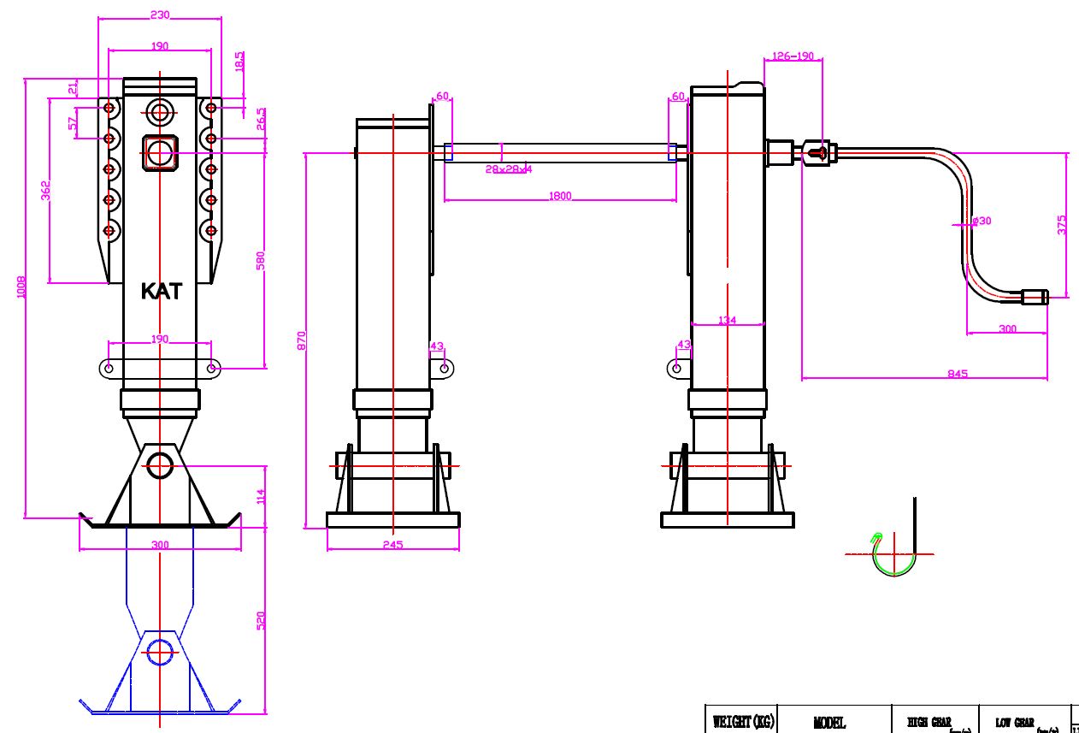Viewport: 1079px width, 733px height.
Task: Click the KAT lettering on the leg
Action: pos(161,291)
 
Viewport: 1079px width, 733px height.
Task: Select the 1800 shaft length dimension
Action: pos(560,197)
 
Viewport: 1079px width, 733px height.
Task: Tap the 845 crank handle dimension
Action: pos(958,373)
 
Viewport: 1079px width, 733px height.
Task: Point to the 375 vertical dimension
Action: pos(1062,225)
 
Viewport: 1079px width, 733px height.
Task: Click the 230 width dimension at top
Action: pos(160,15)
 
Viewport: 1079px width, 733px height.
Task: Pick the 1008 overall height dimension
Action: pos(21,287)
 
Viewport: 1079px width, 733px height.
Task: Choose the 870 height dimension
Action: pos(301,340)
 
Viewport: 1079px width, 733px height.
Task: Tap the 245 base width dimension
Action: pos(392,544)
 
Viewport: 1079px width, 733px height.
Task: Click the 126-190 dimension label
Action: pos(793,56)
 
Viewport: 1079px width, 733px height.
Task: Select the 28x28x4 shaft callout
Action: pos(509,169)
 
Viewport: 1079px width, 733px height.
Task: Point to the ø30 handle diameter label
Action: pos(982,221)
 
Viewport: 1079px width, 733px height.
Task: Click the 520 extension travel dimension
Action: pos(262,620)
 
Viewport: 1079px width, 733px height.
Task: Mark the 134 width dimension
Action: pos(727,321)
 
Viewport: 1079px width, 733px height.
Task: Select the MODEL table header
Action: pos(829,723)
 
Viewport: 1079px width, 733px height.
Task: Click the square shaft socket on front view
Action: pos(160,152)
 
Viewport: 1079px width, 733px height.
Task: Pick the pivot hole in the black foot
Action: pos(160,465)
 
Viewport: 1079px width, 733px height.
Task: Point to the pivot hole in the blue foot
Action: pos(160,652)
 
